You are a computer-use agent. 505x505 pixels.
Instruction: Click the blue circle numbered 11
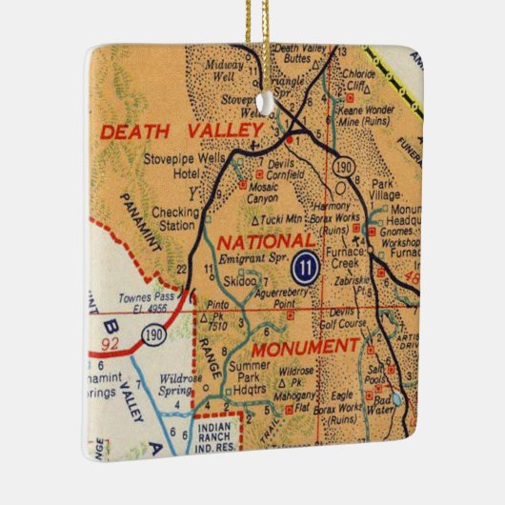[x=305, y=266]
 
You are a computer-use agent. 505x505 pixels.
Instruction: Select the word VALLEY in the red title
[x=230, y=128]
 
